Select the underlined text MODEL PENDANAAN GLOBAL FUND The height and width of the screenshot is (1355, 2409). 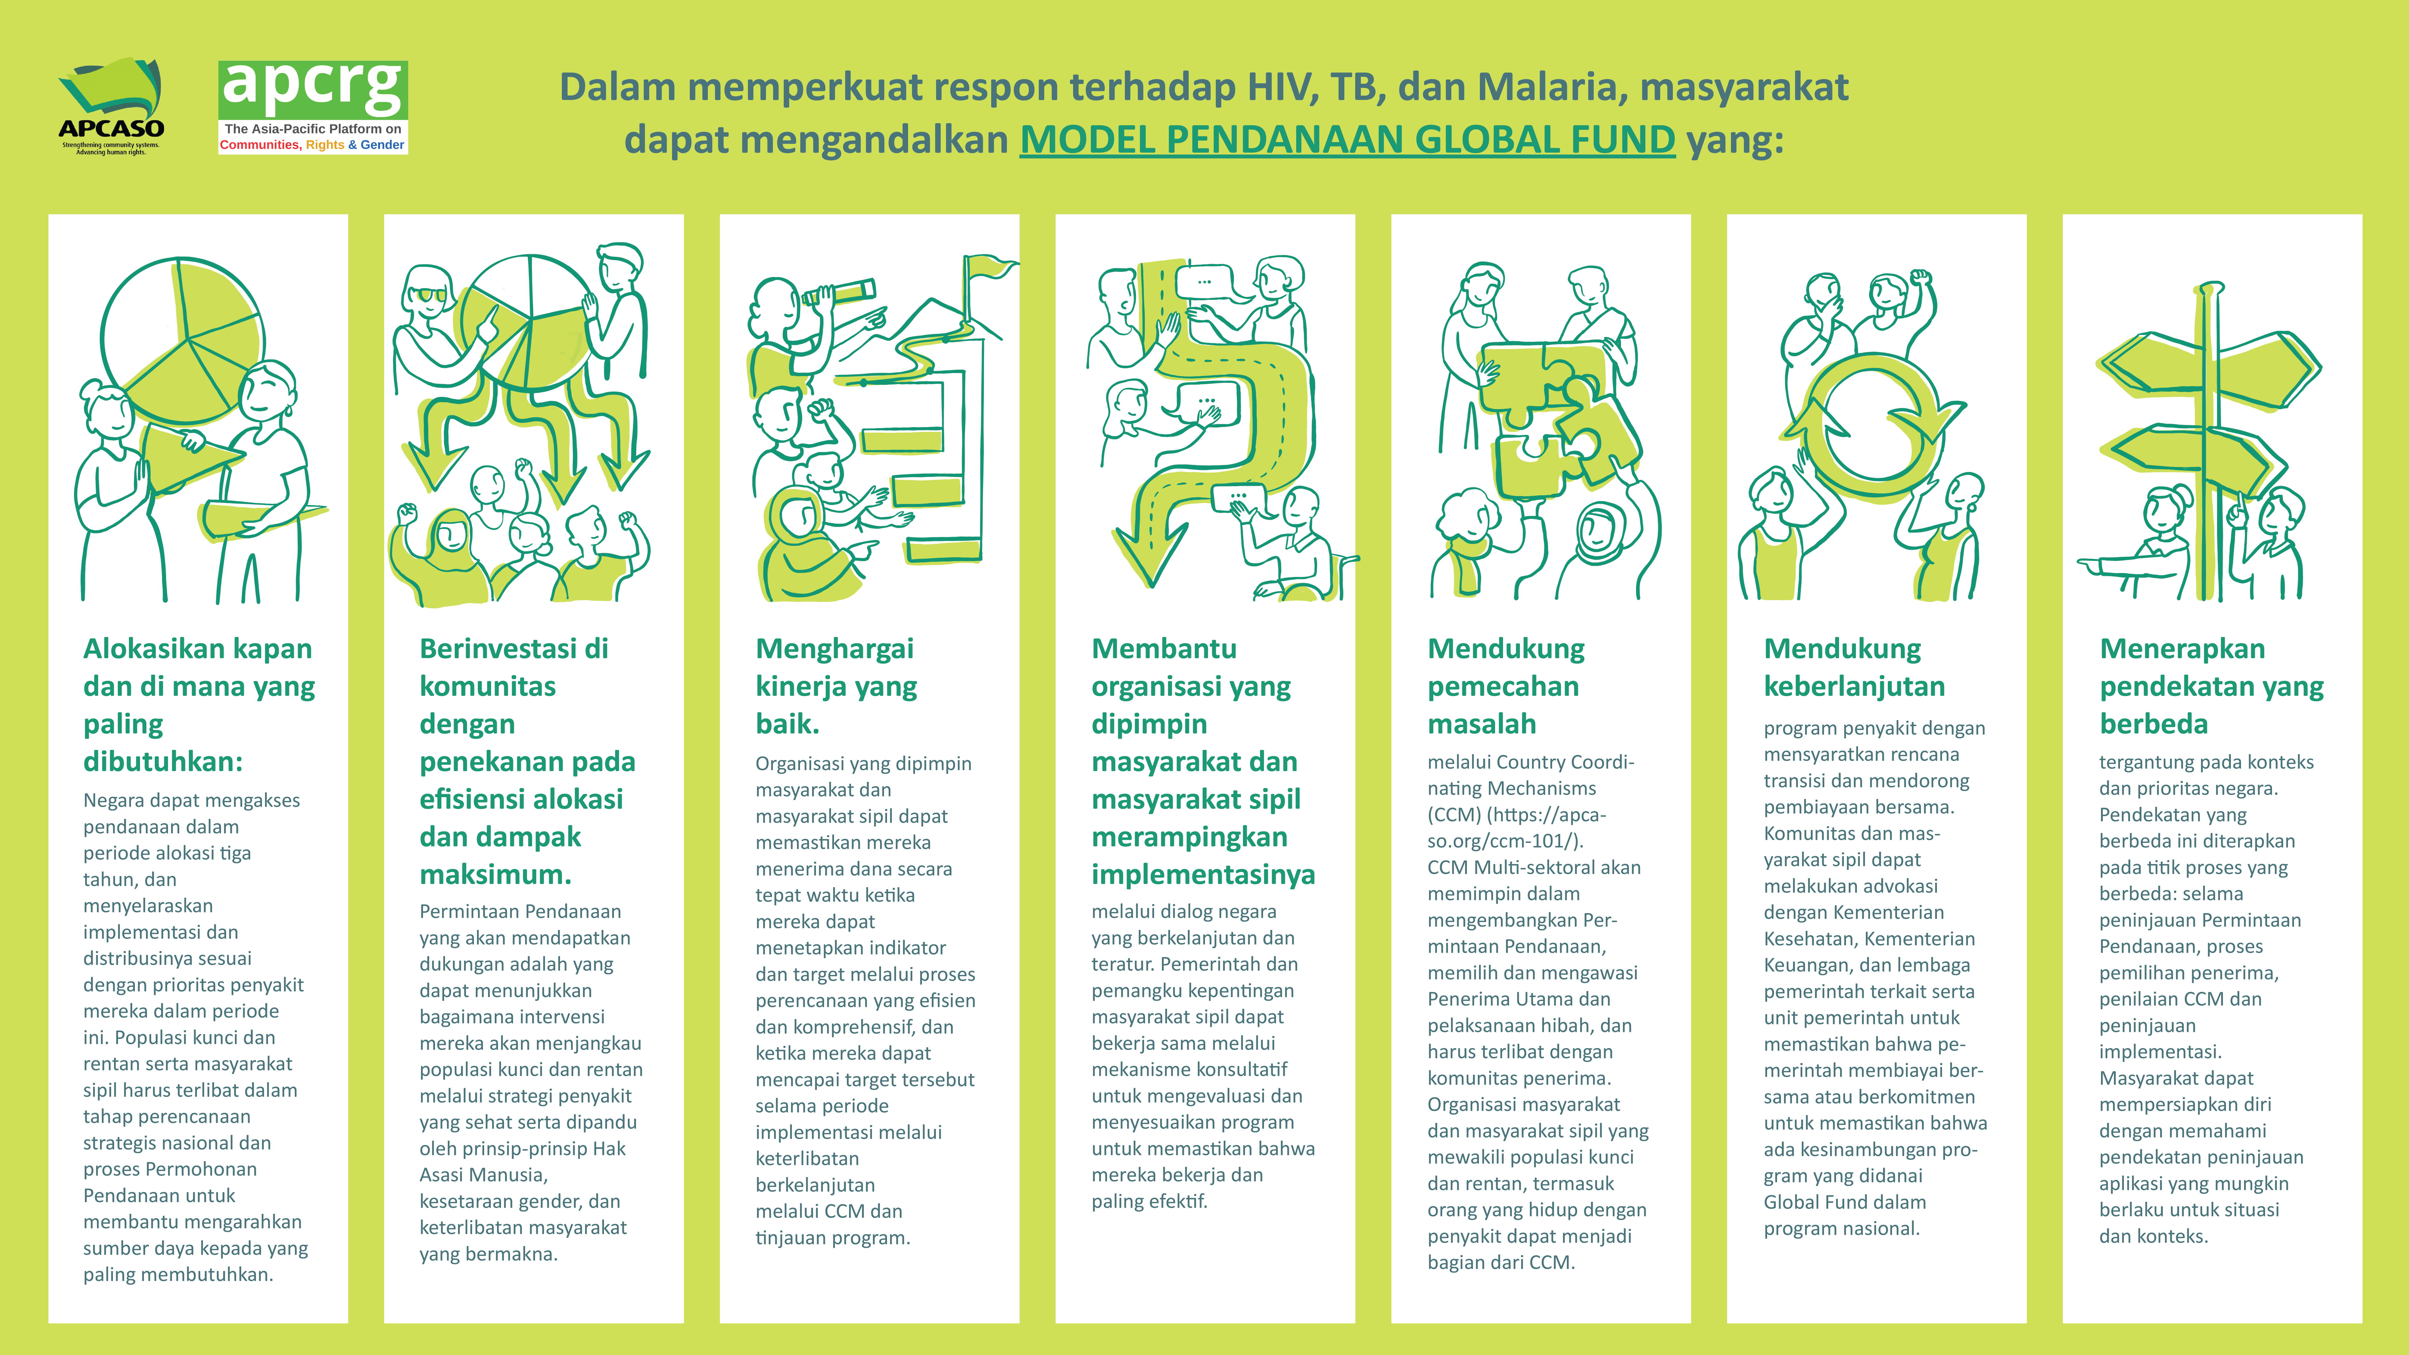(1347, 139)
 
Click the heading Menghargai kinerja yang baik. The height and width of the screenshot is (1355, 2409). (836, 686)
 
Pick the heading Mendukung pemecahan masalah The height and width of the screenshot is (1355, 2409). (1506, 686)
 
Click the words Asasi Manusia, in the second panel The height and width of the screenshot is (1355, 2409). (484, 1174)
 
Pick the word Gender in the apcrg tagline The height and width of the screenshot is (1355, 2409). (382, 145)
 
